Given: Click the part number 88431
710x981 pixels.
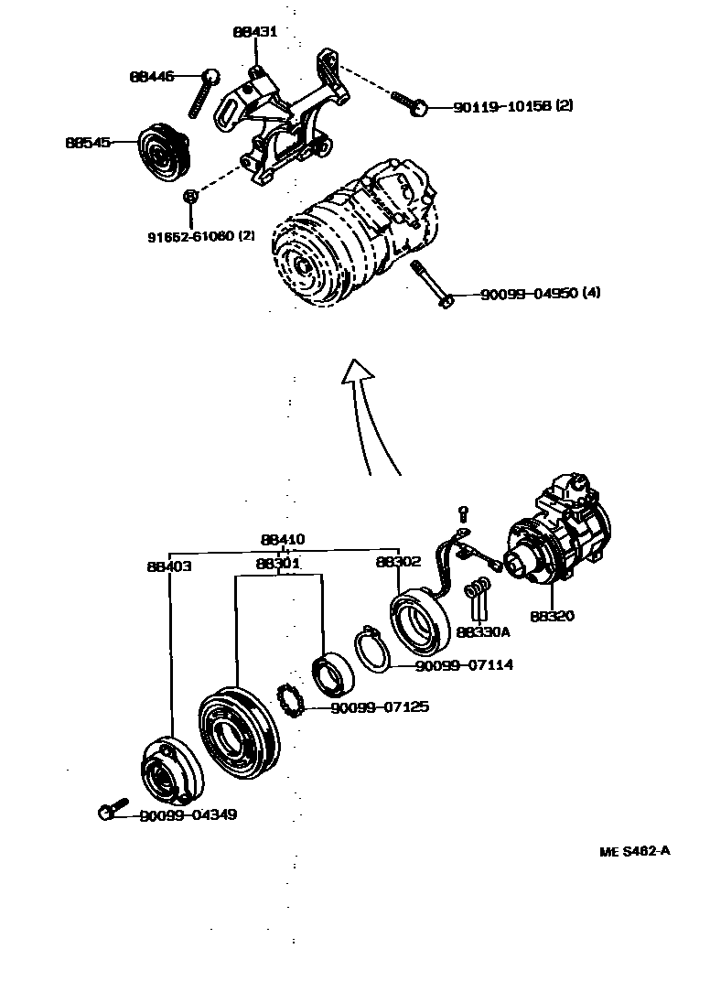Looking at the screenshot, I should [x=254, y=32].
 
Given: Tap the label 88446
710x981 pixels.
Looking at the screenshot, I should [x=151, y=77].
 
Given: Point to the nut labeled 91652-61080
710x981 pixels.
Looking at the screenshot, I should [x=190, y=197].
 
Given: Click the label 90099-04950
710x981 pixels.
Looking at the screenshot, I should [x=529, y=294].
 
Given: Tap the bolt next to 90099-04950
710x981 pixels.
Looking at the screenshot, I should [x=432, y=285].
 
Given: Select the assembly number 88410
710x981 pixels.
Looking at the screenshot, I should [x=283, y=540].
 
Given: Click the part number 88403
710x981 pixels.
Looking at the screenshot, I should [x=169, y=566].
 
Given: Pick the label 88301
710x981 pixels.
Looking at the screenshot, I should [x=279, y=564].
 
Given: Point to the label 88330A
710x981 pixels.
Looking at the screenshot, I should [x=483, y=631].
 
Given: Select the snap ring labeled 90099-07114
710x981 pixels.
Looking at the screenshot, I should [x=372, y=652].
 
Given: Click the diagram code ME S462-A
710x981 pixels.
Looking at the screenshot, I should [x=635, y=851].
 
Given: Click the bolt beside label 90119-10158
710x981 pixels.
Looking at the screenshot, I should [x=409, y=102].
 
